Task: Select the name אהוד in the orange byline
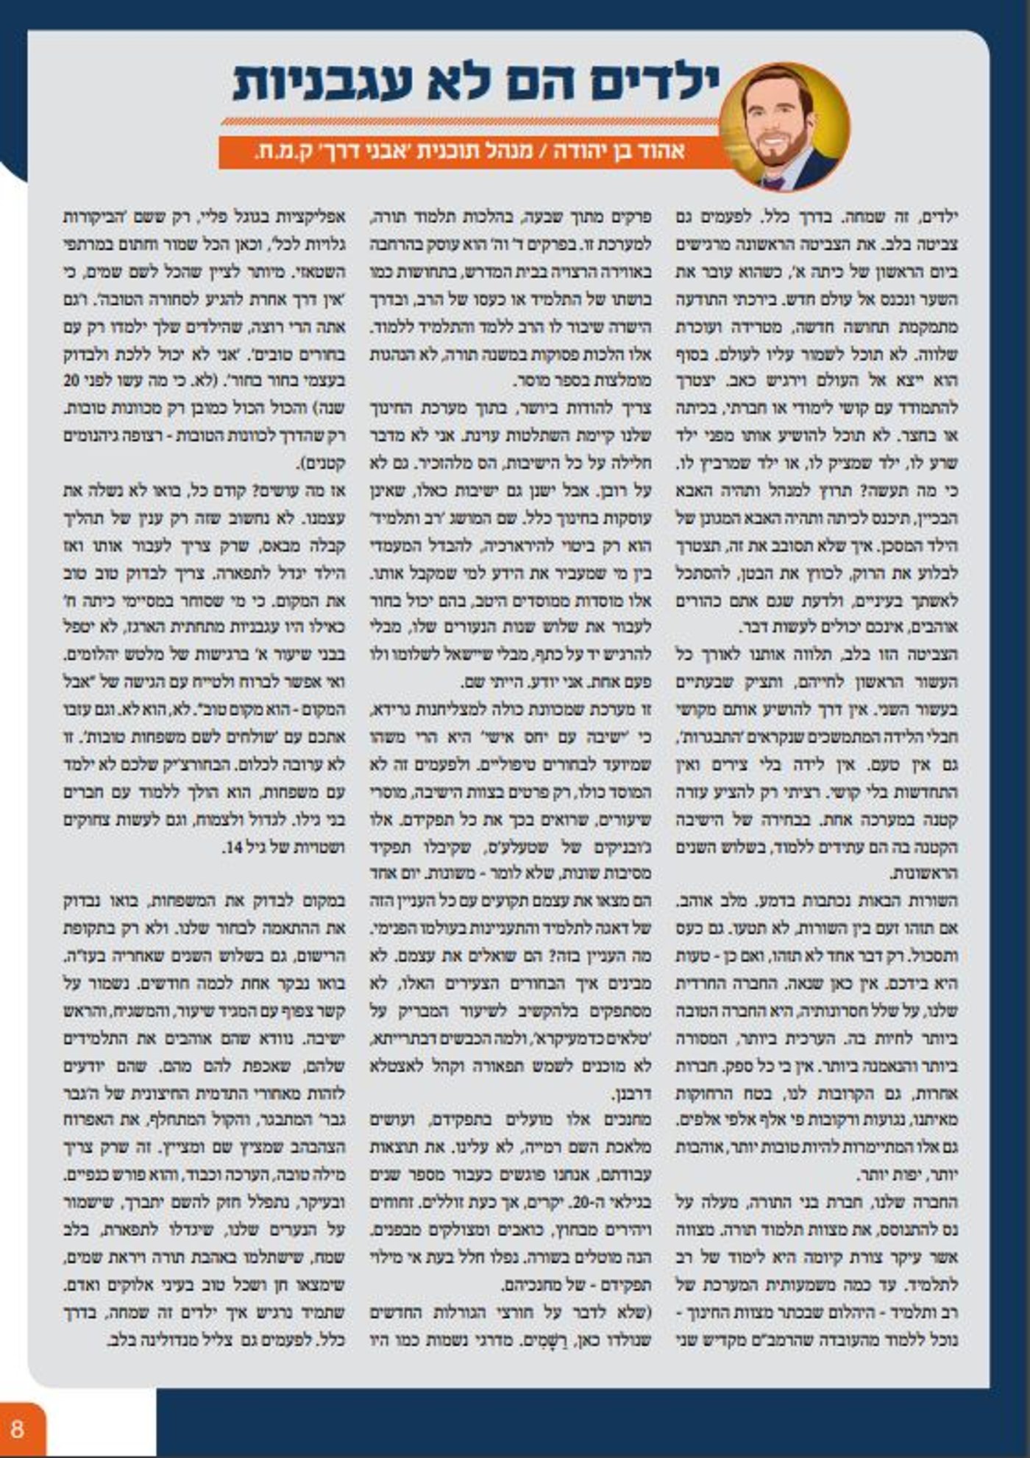[665, 152]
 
